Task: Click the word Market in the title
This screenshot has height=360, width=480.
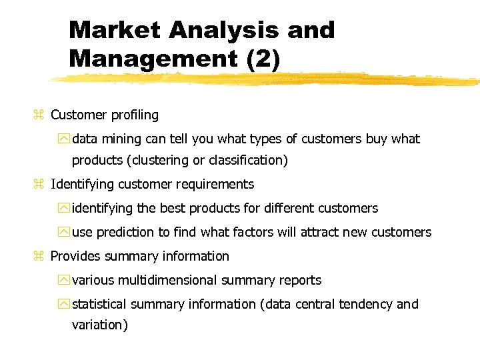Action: click(114, 30)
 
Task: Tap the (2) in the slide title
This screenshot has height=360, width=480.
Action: click(263, 58)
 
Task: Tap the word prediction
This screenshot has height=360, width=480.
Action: click(125, 233)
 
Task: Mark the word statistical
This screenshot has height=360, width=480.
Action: click(99, 305)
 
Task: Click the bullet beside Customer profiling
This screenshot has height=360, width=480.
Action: click(38, 115)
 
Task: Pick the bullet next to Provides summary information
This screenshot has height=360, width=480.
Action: click(38, 257)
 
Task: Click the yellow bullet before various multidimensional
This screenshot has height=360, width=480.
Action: click(63, 281)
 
